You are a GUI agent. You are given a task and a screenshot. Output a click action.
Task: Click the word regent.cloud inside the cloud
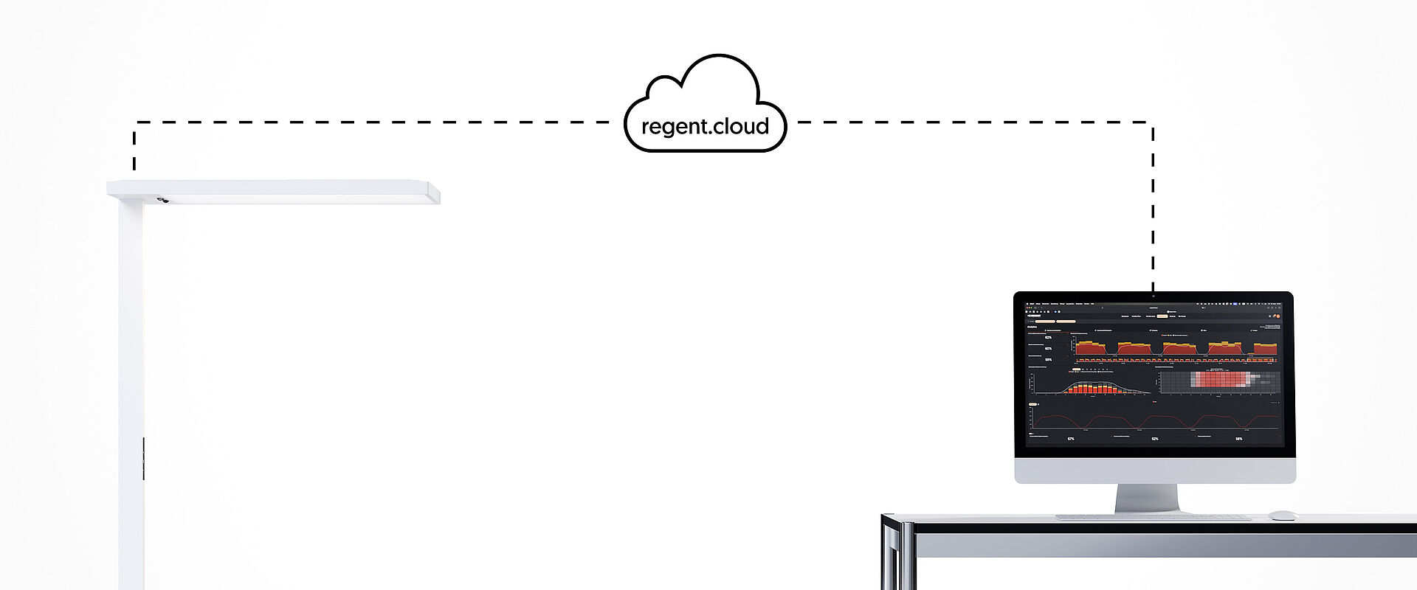[705, 127]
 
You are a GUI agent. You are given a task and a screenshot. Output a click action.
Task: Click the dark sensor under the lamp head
[162, 200]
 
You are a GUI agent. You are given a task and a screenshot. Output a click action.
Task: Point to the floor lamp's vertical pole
[131, 369]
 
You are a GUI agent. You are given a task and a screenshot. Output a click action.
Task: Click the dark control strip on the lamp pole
[143, 457]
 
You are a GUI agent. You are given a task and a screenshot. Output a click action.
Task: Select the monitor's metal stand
[1147, 498]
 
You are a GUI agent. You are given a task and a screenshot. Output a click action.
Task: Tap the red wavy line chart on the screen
[1154, 420]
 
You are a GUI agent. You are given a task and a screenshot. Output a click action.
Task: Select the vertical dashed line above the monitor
[1153, 206]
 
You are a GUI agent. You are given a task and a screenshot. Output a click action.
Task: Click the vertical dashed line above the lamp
[134, 147]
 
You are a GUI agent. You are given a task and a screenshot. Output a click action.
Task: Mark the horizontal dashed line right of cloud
[974, 122]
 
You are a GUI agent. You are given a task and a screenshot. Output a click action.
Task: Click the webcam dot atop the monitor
[1154, 296]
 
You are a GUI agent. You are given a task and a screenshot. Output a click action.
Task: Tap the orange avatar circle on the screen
[1277, 316]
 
